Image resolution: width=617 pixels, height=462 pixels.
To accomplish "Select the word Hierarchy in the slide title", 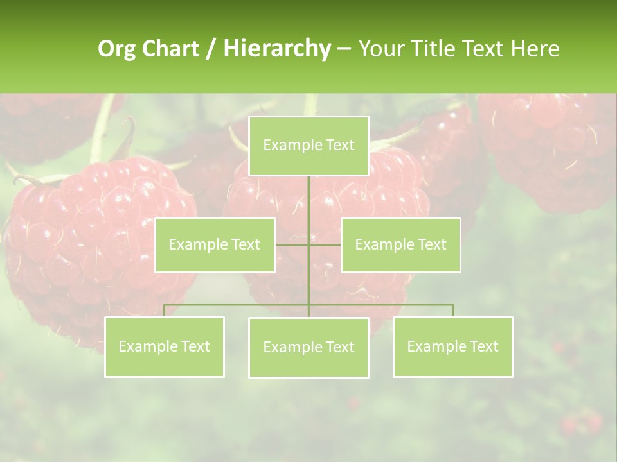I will coord(276,49).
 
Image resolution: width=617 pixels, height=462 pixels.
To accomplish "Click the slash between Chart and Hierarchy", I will coord(210,49).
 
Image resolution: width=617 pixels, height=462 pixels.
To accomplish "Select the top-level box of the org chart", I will coord(308,146).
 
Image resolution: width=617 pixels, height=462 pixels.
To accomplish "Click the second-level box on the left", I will coord(215,244).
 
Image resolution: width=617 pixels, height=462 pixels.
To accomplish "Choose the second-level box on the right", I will coord(400,244).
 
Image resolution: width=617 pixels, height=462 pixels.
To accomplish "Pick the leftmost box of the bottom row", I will coord(165,346).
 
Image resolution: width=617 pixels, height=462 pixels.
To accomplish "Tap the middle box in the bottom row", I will coord(308,347).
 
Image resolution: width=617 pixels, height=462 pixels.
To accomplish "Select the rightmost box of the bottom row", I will coord(453,346).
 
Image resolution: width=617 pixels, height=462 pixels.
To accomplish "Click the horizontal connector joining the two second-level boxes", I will coord(292,244).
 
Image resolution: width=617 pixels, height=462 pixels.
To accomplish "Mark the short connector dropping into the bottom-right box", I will coord(453,311).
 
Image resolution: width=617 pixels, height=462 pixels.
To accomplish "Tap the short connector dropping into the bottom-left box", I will coord(165,311).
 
